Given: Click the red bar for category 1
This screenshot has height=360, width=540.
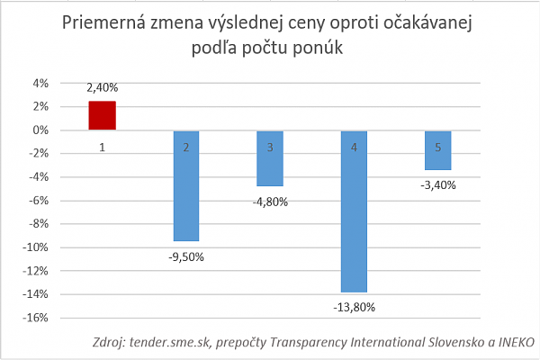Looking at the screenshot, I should (102, 116).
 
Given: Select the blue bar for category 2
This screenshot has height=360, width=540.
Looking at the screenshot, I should (185, 185).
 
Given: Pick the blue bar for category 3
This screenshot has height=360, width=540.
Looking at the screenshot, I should (269, 158).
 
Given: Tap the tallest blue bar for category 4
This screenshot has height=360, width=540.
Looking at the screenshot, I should (354, 211).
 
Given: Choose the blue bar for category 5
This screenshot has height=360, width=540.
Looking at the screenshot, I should (437, 150).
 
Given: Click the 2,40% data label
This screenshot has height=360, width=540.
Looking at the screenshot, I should (102, 88).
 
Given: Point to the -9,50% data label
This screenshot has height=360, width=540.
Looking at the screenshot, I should (185, 256).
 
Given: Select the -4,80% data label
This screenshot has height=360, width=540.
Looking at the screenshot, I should (269, 202).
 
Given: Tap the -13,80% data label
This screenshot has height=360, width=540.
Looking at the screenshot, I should (354, 308).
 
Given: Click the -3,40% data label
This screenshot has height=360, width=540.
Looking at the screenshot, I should (437, 185).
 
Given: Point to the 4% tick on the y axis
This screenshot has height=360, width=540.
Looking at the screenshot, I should (40, 84).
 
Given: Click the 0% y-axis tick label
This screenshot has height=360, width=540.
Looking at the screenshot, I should (40, 130).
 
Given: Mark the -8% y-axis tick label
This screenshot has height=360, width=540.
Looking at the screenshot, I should (38, 224).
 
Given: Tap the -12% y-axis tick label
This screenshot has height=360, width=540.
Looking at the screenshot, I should (36, 271).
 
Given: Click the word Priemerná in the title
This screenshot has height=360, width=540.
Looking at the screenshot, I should (103, 23).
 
